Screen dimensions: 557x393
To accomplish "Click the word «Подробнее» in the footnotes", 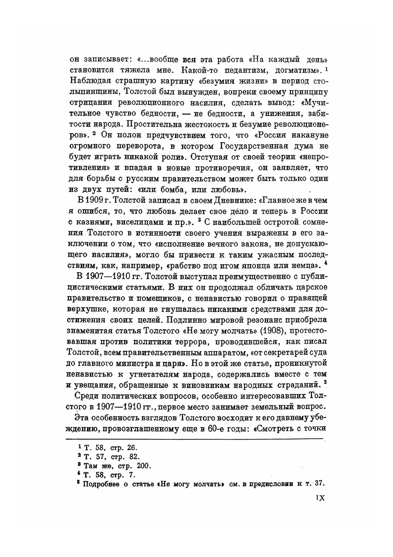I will (x=101, y=484).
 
